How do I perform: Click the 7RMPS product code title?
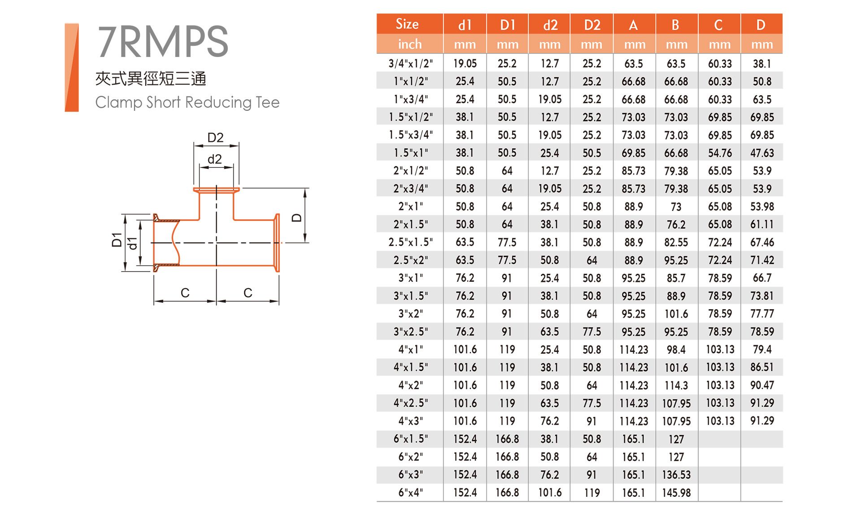163,41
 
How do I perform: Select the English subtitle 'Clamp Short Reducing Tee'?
187,102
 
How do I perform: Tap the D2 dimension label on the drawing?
215,137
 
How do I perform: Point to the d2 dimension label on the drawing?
215,159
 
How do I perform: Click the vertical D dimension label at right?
296,218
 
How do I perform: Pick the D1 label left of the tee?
117,240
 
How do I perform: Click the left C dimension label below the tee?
185,293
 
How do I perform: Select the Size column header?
407,24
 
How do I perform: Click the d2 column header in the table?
550,25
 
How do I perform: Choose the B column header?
675,25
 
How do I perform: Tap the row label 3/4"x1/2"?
410,63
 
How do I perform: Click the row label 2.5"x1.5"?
410,242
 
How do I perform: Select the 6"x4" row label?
410,492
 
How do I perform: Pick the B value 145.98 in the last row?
676,493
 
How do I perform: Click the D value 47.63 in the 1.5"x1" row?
762,153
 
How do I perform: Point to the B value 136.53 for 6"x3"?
676,475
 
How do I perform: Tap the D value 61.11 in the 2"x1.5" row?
762,224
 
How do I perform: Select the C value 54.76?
720,153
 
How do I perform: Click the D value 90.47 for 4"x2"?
762,385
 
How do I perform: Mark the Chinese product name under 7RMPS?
151,79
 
